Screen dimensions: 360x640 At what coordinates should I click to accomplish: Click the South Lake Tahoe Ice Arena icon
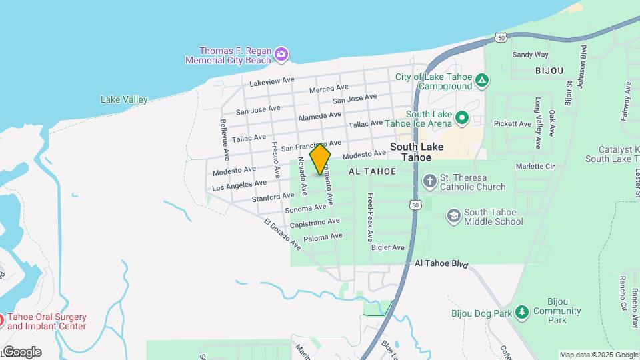pos(461,119)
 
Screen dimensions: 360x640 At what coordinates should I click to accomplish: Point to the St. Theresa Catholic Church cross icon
pos(430,180)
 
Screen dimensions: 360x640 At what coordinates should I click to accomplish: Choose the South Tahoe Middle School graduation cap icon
pos(454,215)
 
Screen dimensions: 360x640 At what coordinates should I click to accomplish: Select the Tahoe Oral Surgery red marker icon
pos(2,321)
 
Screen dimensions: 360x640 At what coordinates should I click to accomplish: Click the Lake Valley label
pos(124,100)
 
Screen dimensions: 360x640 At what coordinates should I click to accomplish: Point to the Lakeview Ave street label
pos(272,81)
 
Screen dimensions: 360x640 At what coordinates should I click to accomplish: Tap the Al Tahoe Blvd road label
pos(441,265)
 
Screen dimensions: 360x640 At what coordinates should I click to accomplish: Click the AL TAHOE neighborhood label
pos(372,171)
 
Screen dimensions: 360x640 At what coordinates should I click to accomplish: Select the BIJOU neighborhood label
pos(549,70)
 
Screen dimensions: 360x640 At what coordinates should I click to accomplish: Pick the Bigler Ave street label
pos(388,248)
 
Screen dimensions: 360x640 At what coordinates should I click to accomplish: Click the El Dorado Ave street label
pos(283,235)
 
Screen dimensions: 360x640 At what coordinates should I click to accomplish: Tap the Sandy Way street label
pos(530,55)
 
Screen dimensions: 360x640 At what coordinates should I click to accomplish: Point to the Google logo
pos(21,352)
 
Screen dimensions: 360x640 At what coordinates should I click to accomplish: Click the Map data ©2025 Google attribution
pos(598,355)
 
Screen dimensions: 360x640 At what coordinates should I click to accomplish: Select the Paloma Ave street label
pos(323,237)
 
